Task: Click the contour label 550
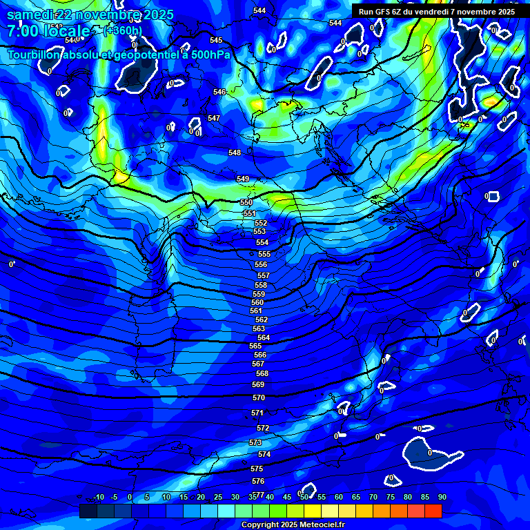pyautogui.click(x=246, y=202)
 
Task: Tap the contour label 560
pyautogui.click(x=257, y=302)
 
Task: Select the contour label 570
pyautogui.click(x=259, y=398)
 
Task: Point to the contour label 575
pyautogui.click(x=257, y=469)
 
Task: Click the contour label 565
pyautogui.click(x=255, y=346)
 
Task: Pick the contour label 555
pyautogui.click(x=264, y=255)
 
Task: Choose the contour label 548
pyautogui.click(x=235, y=153)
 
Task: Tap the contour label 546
pyautogui.click(x=219, y=92)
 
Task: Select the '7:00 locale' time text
pyautogui.click(x=48, y=31)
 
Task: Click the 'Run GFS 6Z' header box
pyautogui.click(x=437, y=11)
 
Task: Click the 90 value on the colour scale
pyautogui.click(x=442, y=498)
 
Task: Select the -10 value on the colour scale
pyautogui.click(x=98, y=498)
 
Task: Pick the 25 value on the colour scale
pyautogui.click(x=217, y=498)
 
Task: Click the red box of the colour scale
pyautogui.click(x=433, y=511)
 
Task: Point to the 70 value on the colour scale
pyautogui.click(x=373, y=498)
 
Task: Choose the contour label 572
pyautogui.click(x=263, y=429)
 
